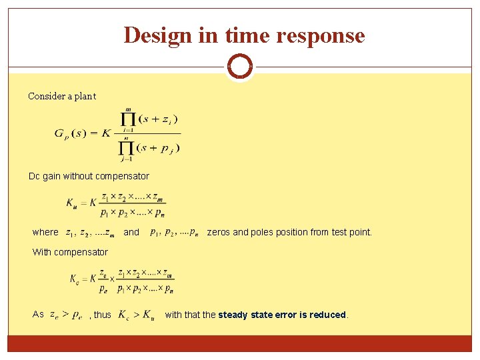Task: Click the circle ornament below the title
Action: point(240,67)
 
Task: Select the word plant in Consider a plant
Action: point(85,96)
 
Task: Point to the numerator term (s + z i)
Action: point(157,119)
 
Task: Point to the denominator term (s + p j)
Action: point(158,148)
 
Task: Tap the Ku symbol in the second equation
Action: point(73,203)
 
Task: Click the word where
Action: point(45,232)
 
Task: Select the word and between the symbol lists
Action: point(131,232)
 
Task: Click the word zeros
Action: point(219,232)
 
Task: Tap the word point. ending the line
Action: point(361,232)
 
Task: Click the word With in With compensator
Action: point(41,252)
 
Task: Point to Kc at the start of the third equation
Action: point(76,279)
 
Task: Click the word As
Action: point(38,315)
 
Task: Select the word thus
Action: point(102,315)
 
